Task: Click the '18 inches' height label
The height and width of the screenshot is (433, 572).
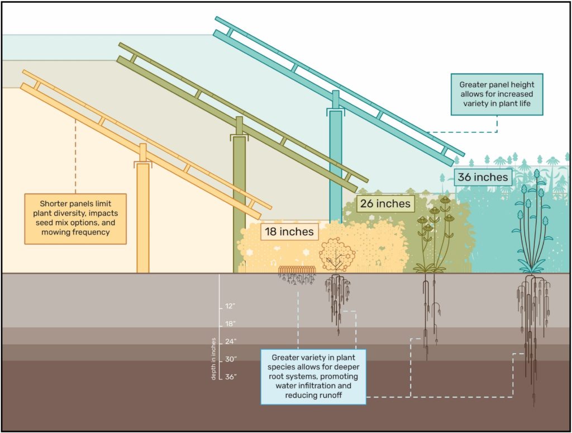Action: pyautogui.click(x=289, y=232)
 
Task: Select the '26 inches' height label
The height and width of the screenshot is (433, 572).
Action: pyautogui.click(x=385, y=203)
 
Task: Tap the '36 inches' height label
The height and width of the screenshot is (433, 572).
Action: pyautogui.click(x=483, y=177)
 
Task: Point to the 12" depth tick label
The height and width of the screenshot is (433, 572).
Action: pyautogui.click(x=230, y=306)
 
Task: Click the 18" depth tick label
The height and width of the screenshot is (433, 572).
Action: pyautogui.click(x=230, y=324)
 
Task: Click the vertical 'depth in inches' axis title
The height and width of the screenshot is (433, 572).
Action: pyautogui.click(x=213, y=359)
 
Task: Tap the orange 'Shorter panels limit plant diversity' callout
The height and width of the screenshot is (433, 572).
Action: pyautogui.click(x=75, y=218)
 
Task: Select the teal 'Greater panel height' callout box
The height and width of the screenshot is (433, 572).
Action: pyautogui.click(x=497, y=94)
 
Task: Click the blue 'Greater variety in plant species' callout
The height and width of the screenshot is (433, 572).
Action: pyautogui.click(x=313, y=377)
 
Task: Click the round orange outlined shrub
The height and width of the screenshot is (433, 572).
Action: pyautogui.click(x=337, y=255)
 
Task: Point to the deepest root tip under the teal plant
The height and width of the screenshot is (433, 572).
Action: pyautogui.click(x=533, y=406)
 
